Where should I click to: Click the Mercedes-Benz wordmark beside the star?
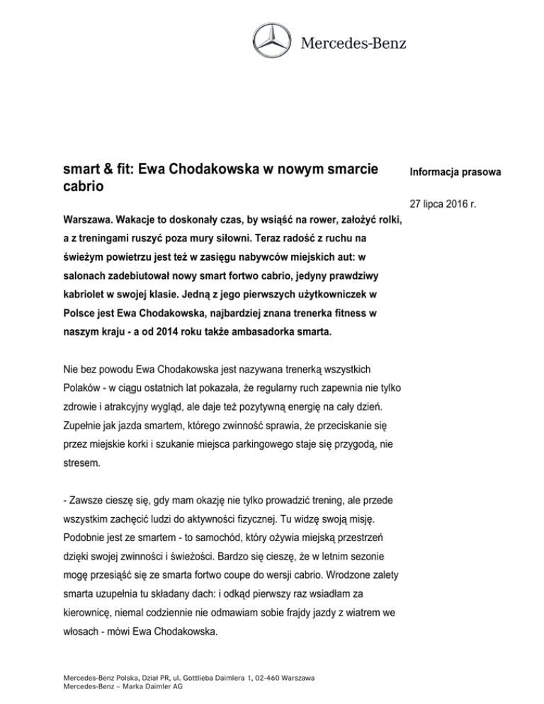pos(354,44)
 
